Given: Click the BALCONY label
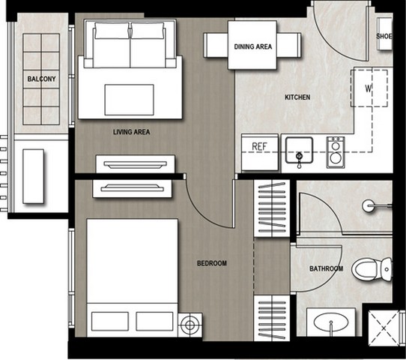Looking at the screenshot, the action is point(41,79).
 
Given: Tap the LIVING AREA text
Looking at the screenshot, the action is point(132,132).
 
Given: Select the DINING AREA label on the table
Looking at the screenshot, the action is point(253,46).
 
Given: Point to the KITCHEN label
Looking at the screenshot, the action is point(297,97).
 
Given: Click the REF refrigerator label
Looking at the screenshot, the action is point(259,147).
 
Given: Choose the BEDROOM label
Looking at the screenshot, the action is point(212,263).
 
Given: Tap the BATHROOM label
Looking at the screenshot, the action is point(327,268).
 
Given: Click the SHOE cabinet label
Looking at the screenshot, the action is point(384,36).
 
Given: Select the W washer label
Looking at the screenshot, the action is point(369,88).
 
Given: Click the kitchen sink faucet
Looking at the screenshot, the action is point(300,159).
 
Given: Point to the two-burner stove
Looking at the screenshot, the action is point(336,152).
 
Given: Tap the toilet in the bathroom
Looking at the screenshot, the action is point(372,269).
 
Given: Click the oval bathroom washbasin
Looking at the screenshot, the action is point(331,322).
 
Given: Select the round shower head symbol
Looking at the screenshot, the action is point(368,205).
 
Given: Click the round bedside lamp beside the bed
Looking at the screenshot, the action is point(190,325).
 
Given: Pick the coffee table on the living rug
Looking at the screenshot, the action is point(129,100).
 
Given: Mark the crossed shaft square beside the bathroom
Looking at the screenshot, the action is point(384,328).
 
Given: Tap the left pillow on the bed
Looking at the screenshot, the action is point(110,322).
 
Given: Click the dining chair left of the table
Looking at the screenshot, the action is point(216,45).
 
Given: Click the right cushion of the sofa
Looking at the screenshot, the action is point(148,45).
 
